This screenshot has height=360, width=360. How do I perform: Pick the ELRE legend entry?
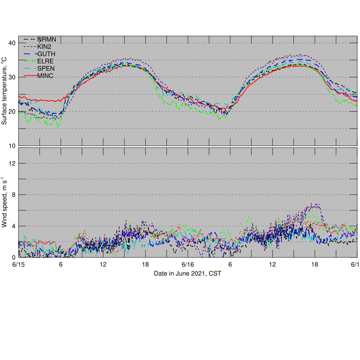[45, 61]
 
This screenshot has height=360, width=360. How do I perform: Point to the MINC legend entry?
[45, 76]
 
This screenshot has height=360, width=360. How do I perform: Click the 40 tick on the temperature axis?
[12, 43]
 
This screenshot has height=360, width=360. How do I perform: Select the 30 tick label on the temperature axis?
[12, 77]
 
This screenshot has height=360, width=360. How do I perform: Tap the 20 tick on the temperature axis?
[12, 111]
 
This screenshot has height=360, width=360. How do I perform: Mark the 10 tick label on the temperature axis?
[12, 146]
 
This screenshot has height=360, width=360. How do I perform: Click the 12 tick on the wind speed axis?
[12, 163]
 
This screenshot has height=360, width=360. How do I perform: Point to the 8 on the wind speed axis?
[13, 195]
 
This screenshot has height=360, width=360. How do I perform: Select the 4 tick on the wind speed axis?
[13, 226]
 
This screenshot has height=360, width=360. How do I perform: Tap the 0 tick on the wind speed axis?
[13, 258]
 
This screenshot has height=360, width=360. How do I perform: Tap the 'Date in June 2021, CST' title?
[187, 274]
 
